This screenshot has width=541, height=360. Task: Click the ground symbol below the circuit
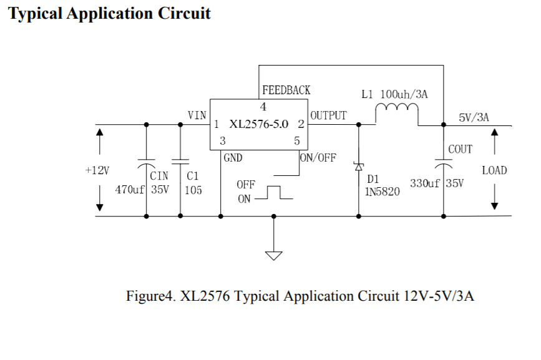[273, 255]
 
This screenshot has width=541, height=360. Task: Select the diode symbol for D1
[359, 167]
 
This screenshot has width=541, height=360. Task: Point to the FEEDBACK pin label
[286, 90]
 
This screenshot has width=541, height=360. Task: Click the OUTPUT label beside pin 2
[328, 115]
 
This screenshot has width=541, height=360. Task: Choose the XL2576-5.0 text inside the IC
[258, 124]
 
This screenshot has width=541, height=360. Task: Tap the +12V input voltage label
[97, 170]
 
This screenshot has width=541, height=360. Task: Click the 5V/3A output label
[474, 117]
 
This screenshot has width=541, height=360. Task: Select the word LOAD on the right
[494, 170]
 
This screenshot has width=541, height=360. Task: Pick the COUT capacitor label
[461, 149]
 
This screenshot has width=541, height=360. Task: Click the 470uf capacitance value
[130, 190]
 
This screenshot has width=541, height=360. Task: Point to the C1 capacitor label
[192, 177]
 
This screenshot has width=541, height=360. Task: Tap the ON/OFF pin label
[318, 158]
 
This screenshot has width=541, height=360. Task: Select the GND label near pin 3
[233, 158]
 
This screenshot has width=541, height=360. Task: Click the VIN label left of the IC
[197, 115]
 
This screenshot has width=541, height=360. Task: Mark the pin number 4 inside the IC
[263, 107]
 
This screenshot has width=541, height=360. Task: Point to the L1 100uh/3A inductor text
[394, 95]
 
